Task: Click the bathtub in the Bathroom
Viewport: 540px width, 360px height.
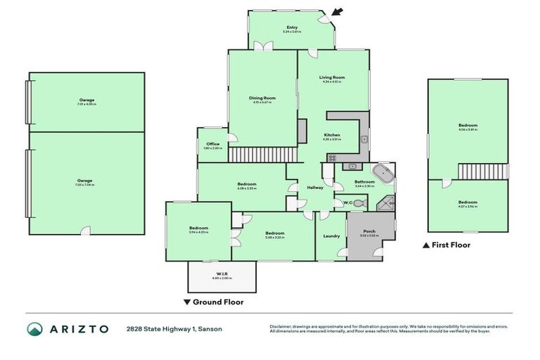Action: (384, 173)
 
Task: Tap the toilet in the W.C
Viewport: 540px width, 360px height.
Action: (359, 203)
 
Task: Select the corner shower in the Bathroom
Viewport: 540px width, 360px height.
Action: (385, 204)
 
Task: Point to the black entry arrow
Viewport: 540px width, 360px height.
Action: (338, 12)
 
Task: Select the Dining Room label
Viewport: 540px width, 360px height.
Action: (263, 98)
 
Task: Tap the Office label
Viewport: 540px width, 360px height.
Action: (213, 144)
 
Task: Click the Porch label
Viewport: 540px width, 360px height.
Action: (369, 231)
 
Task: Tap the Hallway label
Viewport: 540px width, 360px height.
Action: (315, 188)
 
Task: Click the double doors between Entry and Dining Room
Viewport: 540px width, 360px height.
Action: (263, 46)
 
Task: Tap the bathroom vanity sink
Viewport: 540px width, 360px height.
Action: (351, 167)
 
